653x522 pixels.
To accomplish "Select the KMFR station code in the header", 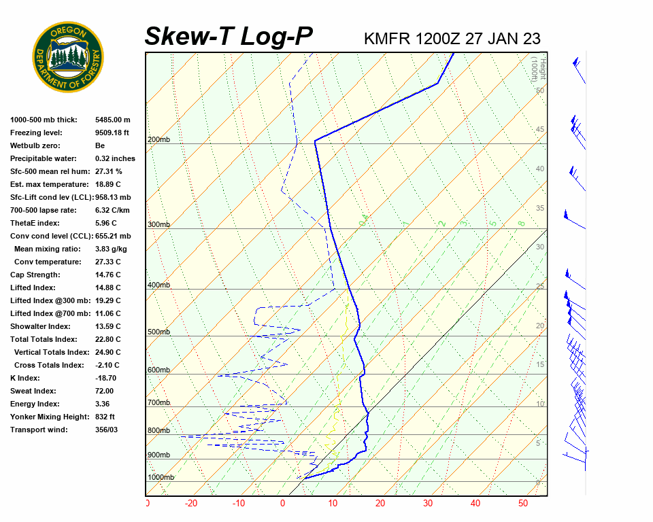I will coord(387,38).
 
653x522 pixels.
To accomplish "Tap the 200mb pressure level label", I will coord(158,140).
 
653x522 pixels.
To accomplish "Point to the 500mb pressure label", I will coord(158,332).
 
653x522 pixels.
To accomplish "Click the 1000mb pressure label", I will coord(161,478).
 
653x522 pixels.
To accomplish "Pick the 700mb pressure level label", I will coord(158,403).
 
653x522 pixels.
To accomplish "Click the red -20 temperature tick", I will coord(191,504).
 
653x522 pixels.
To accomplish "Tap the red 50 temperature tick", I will coord(523,504).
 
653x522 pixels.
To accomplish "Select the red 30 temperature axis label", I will coord(428,504).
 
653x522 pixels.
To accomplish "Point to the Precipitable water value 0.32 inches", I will coord(116,158).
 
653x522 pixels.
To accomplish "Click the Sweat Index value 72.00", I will coord(105,391).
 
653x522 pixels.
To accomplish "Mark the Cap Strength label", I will coord(35,275).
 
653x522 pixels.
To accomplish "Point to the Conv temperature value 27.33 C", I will coord(107,262).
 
